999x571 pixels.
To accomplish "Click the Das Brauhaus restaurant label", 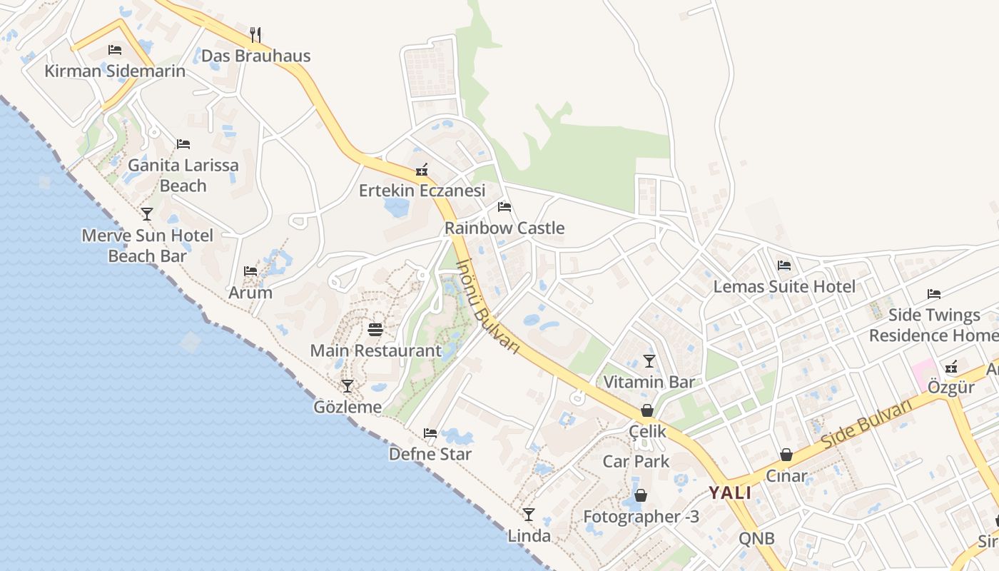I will [x=255, y=56].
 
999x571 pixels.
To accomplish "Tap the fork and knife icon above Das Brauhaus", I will [x=255, y=34].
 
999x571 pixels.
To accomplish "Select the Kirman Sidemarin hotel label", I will [x=115, y=71].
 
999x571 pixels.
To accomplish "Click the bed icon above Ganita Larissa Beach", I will [x=183, y=143].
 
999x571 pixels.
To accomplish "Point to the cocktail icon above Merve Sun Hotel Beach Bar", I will [x=147, y=213].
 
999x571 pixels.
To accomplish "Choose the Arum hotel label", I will [x=250, y=293].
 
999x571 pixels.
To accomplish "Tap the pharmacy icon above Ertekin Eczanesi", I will [x=422, y=170].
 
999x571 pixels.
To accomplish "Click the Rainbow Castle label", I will [x=504, y=228].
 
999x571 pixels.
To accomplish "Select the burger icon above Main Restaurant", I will [x=375, y=329].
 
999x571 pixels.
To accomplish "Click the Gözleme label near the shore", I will [x=348, y=407].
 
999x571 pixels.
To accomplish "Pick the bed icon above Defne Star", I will [x=430, y=433].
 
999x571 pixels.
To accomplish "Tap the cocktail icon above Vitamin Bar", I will [x=649, y=360].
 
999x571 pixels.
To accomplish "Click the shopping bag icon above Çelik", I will [x=647, y=410].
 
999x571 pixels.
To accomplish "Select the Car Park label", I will [x=637, y=461].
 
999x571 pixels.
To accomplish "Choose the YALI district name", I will [x=730, y=492].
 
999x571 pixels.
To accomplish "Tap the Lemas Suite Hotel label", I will [x=784, y=287].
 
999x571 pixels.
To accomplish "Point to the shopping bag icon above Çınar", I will [x=786, y=455].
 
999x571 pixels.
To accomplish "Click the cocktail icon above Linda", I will [x=529, y=514].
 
